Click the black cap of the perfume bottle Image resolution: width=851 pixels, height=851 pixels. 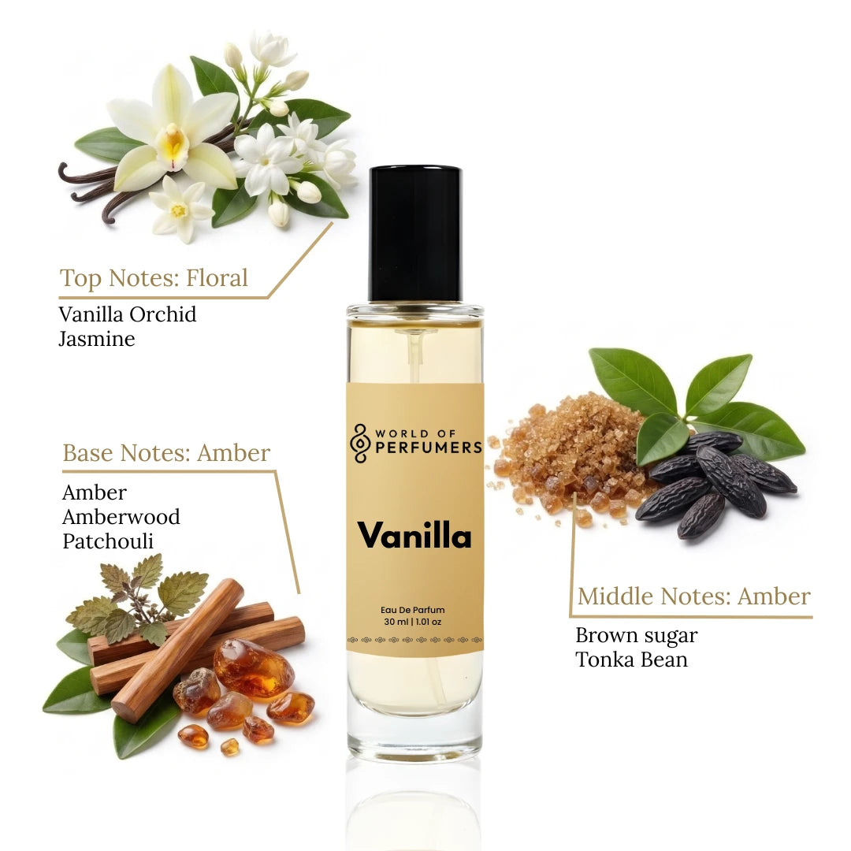click(415, 233)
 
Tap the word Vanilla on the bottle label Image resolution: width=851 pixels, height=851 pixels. click(414, 536)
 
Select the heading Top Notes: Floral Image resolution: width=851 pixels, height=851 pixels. click(154, 278)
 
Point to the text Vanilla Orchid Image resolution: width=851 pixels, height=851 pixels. click(128, 314)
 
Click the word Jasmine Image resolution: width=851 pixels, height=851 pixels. click(97, 339)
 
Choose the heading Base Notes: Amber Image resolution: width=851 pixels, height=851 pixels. click(166, 453)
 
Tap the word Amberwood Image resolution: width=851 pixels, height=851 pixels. click(121, 517)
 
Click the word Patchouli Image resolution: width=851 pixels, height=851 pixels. click(108, 541)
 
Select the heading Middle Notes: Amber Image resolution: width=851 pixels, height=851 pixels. click(693, 596)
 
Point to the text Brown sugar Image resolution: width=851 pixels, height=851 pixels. click(637, 635)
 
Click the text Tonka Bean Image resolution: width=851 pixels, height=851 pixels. click(631, 660)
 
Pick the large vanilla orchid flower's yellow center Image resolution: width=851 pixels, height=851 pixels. click(173, 144)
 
